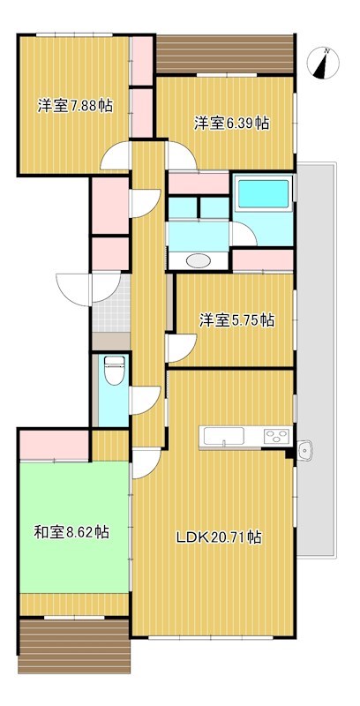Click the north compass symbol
point(323,63)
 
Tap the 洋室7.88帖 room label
point(75,106)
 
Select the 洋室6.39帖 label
point(232,123)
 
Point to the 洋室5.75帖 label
point(237,320)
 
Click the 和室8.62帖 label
point(71,533)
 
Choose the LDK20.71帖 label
point(219,537)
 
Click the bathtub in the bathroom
point(263,193)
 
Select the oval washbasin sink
point(198,260)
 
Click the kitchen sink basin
point(224,436)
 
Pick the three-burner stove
point(276,436)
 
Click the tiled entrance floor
point(111,303)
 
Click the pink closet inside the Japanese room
point(55,445)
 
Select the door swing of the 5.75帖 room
point(182,348)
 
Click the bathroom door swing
point(244,233)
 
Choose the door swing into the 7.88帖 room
point(116,156)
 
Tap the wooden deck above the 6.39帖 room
point(225,54)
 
